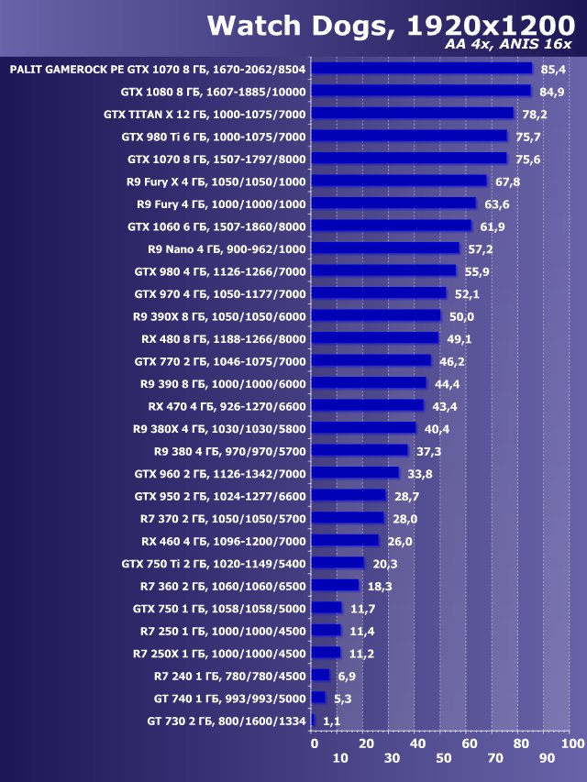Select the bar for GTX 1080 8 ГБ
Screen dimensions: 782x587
pos(421,91)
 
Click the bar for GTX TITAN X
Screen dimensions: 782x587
pos(413,114)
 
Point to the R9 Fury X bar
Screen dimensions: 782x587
pos(399,181)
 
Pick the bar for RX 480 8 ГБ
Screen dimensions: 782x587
pos(375,338)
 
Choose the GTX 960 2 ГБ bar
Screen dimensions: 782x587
pos(355,473)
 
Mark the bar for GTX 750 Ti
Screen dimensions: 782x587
pos(338,563)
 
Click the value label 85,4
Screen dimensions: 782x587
pos(554,69)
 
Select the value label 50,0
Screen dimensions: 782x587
pos(461,316)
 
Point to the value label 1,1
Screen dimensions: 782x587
pos(332,721)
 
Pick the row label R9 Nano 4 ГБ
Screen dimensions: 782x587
pos(227,248)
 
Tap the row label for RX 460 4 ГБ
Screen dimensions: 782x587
pos(223,541)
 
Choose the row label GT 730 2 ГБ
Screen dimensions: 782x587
pos(226,721)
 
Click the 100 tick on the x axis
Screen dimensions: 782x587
pos(571,743)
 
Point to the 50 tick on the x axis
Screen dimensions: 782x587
pos(443,759)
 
